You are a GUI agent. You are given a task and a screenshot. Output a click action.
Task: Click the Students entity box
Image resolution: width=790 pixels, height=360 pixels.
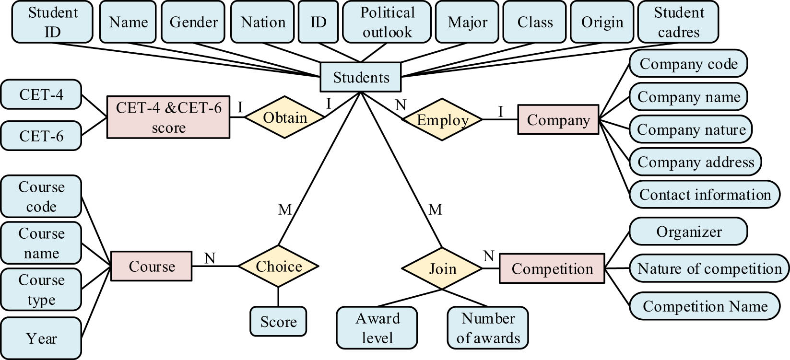[361, 77]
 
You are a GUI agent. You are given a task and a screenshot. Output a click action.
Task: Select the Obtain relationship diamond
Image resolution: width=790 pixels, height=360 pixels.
[285, 117]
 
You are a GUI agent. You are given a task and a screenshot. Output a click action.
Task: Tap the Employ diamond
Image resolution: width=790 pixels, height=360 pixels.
[442, 120]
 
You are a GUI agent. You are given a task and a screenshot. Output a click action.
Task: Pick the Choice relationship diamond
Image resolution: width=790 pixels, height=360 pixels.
[278, 266]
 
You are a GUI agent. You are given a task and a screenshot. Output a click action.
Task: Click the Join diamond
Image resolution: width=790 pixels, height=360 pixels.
[442, 268]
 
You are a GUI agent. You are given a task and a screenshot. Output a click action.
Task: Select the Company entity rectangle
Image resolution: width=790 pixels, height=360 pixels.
[558, 120]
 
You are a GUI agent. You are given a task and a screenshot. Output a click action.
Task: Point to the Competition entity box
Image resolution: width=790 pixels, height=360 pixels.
[552, 268]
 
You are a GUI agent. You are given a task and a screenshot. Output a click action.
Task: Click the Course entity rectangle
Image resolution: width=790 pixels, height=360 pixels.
[152, 266]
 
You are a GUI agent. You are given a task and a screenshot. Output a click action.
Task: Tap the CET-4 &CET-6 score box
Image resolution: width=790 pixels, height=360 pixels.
[168, 117]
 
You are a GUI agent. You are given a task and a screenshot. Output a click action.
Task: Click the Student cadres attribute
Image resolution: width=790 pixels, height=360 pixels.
[678, 22]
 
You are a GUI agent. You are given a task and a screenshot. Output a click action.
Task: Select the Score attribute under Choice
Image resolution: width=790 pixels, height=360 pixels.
[278, 321]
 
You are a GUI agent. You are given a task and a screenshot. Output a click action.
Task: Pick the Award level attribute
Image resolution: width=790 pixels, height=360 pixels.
[377, 328]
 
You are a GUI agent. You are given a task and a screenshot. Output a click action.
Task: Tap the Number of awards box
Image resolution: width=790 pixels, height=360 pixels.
[488, 328]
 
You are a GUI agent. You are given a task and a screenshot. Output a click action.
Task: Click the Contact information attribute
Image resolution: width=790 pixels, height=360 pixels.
[704, 195]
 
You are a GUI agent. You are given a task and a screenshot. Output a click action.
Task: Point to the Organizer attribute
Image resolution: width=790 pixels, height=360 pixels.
[688, 232]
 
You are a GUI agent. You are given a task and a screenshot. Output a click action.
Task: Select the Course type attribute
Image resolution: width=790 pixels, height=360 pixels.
[41, 290]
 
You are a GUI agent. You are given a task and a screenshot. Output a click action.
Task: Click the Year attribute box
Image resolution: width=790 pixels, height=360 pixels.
[41, 338]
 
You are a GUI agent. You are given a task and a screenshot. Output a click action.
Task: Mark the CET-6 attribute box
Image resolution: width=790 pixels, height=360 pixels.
[41, 136]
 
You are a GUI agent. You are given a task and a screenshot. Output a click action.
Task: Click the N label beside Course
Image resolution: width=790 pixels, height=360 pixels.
[210, 258]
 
